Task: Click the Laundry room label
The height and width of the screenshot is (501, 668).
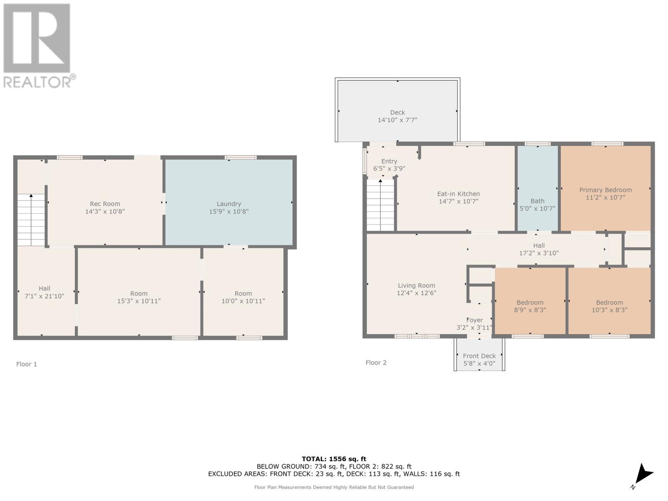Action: coord(229,204)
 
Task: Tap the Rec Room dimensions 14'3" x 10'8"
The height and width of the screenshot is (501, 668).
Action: coord(105,211)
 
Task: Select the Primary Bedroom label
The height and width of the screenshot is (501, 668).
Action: coord(605,190)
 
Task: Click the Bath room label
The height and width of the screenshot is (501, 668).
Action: coord(537,201)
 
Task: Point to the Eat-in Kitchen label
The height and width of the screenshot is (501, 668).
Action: coord(458,194)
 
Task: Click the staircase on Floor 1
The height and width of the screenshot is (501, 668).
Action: coord(31,220)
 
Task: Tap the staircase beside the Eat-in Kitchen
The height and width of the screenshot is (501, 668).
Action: coord(380,205)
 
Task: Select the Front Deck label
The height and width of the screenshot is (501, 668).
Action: coord(479,356)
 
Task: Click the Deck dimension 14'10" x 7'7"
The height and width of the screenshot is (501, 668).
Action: coord(397,120)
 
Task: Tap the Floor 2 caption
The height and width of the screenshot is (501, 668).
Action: coord(376,362)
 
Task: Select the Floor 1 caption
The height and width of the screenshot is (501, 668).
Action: coord(27,364)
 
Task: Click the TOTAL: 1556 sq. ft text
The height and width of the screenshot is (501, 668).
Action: coord(334,459)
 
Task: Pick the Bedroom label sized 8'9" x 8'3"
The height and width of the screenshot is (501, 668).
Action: coord(530,303)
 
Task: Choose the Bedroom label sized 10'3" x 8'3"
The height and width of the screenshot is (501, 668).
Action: coord(609,303)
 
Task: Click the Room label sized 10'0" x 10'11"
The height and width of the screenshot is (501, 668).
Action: coord(243,294)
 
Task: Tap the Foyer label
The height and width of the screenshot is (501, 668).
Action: coord(474,320)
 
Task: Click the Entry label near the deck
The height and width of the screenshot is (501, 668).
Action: coord(389,161)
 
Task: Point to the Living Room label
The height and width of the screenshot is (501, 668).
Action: coord(416,286)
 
